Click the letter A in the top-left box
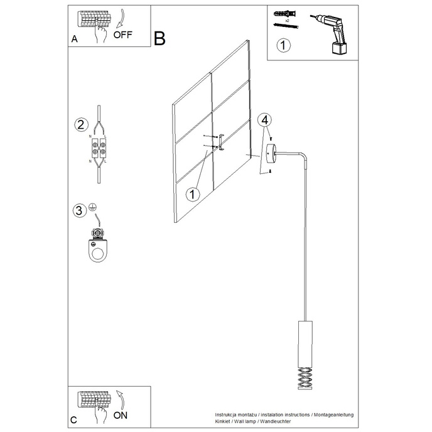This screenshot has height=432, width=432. point(74,39)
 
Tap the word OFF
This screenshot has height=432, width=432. point(124,35)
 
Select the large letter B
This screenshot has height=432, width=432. point(159,39)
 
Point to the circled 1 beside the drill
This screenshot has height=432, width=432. point(284,45)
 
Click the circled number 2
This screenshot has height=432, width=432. point(80,124)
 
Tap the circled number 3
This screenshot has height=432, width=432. point(79,210)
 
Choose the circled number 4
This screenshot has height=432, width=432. point(265,120)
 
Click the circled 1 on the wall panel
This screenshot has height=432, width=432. point(193,194)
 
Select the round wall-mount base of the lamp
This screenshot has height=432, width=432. point(271,152)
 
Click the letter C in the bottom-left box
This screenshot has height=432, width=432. point(74,419)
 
